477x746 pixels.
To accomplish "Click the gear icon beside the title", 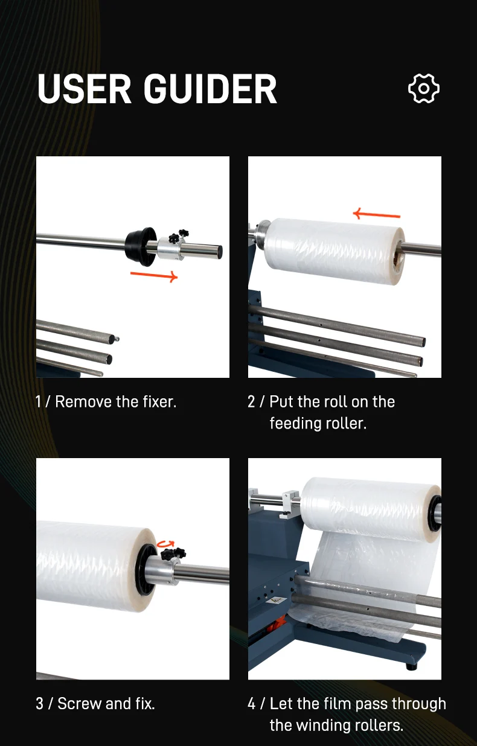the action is point(424,88).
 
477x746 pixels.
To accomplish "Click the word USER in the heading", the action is point(85,89).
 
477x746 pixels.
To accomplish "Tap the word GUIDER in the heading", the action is point(210,89).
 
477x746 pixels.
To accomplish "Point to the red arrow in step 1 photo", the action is point(154,276).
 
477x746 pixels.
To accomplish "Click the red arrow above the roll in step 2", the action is point(376,214).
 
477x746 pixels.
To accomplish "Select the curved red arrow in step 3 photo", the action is point(165,544).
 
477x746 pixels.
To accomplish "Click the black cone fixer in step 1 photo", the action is point(141,247).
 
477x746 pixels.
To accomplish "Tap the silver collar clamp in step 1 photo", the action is point(170,249).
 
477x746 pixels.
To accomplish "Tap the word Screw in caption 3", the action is point(80,704).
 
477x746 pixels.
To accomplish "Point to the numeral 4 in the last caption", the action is point(252,704).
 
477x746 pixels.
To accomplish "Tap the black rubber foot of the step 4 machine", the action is point(412,666).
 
